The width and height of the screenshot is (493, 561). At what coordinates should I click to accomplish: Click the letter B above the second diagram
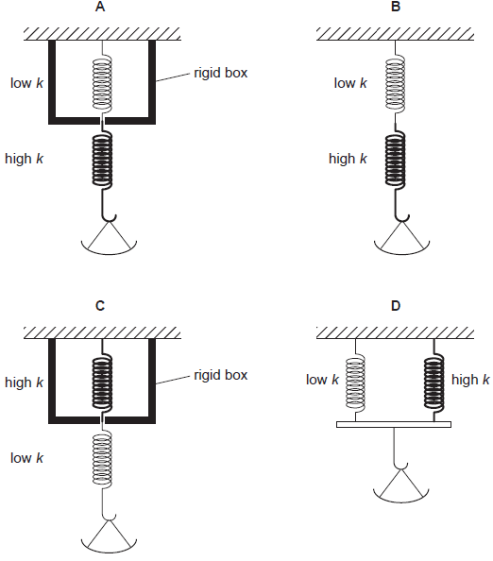395,8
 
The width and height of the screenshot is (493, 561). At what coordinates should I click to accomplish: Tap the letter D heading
395,305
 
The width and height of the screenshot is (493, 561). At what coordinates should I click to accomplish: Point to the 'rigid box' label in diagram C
220,375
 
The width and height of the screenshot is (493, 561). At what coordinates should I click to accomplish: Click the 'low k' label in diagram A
25,83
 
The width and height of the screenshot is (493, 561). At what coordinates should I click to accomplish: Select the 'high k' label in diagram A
25,159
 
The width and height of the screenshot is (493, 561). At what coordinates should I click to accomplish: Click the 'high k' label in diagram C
25,382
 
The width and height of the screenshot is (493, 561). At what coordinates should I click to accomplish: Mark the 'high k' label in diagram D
470,381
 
